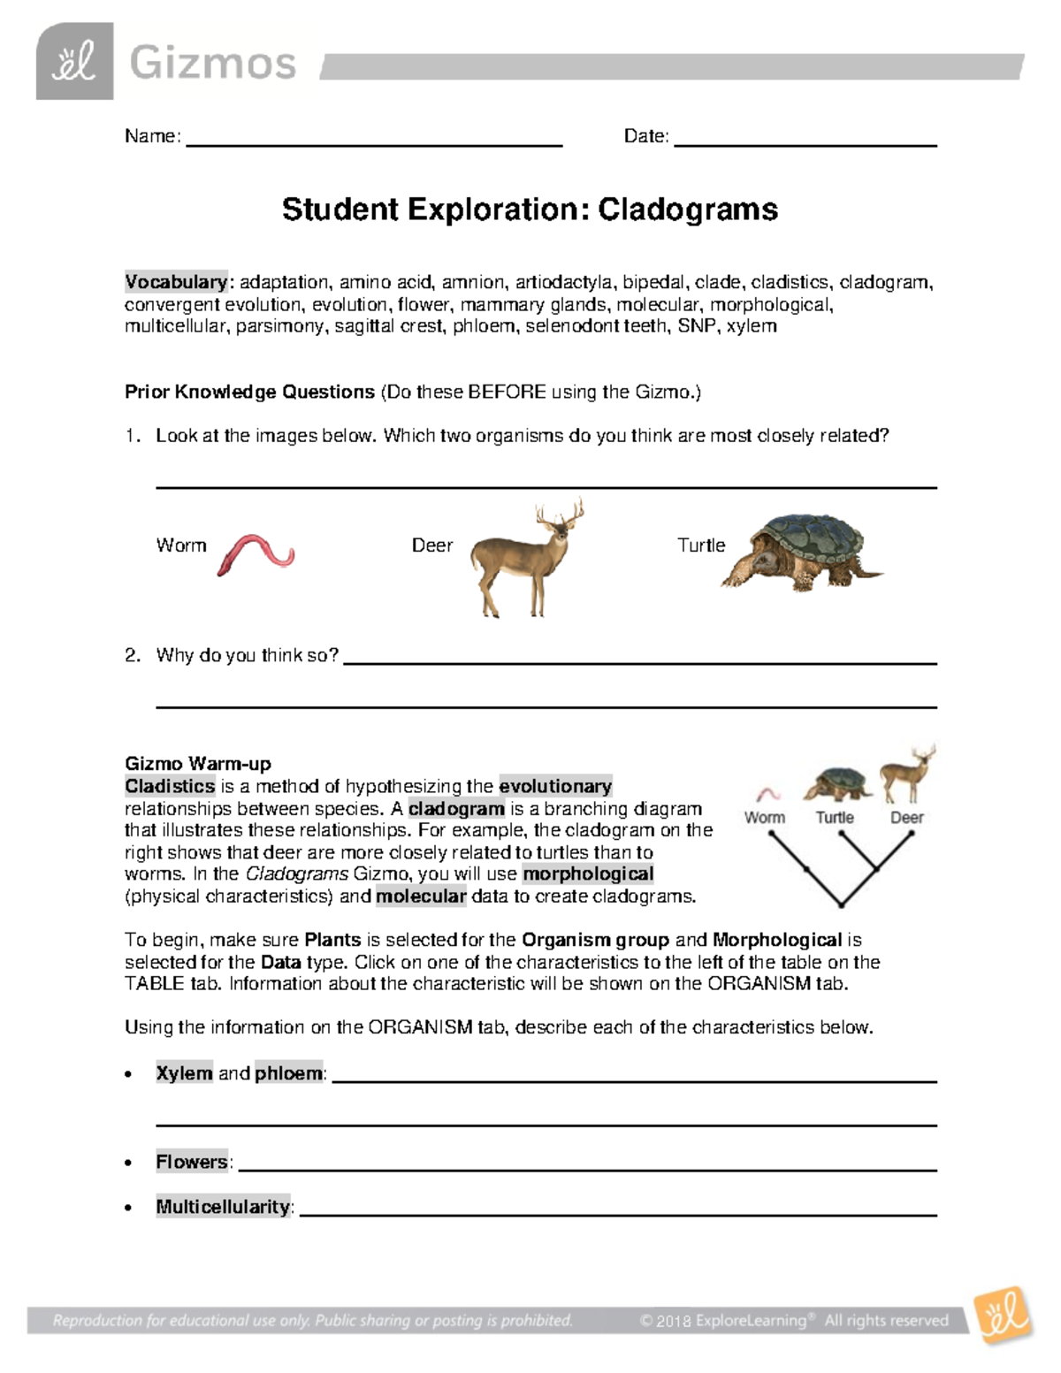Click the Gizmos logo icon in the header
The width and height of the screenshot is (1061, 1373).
[74, 61]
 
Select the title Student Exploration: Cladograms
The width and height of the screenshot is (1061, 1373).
[530, 210]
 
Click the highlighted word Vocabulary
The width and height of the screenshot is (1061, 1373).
[176, 282]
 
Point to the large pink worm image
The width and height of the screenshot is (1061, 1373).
[256, 555]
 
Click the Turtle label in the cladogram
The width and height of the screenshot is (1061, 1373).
[834, 818]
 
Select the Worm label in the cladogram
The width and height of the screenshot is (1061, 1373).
[764, 818]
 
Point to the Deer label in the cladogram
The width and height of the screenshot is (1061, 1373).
[906, 818]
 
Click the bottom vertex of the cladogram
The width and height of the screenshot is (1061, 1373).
[841, 904]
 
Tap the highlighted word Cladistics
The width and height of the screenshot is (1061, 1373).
[170, 786]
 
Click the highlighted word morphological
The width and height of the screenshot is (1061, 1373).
[588, 873]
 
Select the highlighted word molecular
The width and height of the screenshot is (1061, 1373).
[421, 896]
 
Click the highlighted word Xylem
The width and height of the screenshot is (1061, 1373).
[184, 1073]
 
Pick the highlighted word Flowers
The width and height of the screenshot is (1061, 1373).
[192, 1162]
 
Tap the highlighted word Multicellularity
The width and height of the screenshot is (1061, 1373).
[223, 1207]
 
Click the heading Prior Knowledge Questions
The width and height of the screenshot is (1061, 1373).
[249, 392]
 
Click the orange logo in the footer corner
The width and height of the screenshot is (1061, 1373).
[1003, 1316]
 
